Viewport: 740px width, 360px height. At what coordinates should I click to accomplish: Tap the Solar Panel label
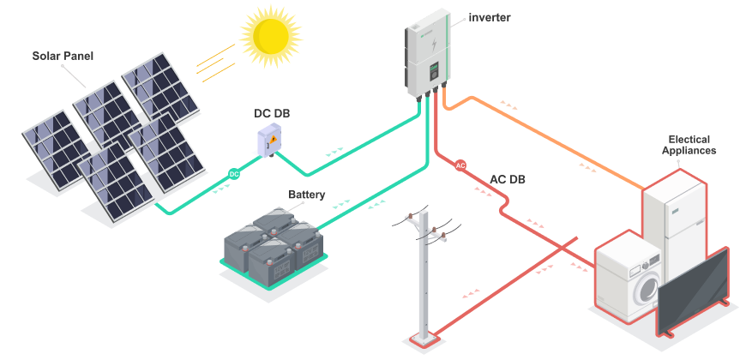click(x=63, y=57)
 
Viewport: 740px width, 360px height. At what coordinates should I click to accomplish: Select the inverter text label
click(x=490, y=17)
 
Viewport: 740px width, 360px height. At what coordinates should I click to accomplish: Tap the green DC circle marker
click(x=233, y=174)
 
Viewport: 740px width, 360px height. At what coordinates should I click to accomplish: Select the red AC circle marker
click(x=460, y=165)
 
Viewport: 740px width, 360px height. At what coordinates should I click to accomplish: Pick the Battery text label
click(x=306, y=195)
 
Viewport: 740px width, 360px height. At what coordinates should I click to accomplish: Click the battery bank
click(x=273, y=249)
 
